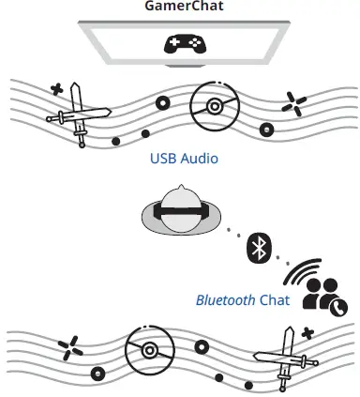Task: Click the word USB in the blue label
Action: click(164, 159)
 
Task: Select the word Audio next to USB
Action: click(199, 159)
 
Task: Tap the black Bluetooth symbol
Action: click(258, 248)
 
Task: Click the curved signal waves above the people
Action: click(299, 271)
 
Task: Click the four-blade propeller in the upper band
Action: click(294, 106)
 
